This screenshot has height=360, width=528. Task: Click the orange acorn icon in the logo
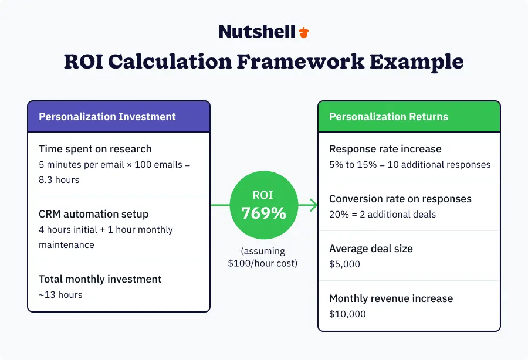click(303, 32)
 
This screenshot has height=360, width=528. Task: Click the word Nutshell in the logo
click(257, 32)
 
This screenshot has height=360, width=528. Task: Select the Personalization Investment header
click(107, 117)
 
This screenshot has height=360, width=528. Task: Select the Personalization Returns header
click(388, 117)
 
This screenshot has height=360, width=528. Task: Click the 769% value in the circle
click(264, 213)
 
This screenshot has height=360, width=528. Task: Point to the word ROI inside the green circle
click(264, 195)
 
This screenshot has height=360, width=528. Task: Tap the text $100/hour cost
click(263, 263)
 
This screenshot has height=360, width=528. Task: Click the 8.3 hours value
click(59, 180)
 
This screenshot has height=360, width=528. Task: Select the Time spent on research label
click(95, 149)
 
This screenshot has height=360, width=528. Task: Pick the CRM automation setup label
click(94, 214)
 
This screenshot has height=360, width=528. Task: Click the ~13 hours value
click(60, 294)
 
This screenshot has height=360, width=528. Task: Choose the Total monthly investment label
click(100, 279)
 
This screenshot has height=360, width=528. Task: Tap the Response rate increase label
click(385, 149)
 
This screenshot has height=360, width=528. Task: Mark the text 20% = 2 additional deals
click(383, 215)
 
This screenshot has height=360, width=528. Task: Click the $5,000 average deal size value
click(344, 264)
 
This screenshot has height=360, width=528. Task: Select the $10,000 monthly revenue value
click(347, 314)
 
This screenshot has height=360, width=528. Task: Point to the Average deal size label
click(371, 249)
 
